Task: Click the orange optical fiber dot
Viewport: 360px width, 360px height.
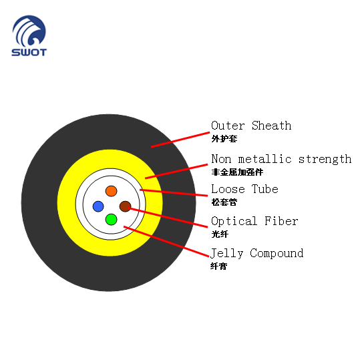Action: [112, 191]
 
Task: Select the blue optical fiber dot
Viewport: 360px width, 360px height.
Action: [98, 206]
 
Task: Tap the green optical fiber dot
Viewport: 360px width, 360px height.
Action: [112, 220]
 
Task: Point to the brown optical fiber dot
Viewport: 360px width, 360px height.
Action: [126, 206]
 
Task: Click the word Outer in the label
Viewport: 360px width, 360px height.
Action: [228, 126]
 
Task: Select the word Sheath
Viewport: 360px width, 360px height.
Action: [272, 126]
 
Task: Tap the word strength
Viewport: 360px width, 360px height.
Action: [325, 159]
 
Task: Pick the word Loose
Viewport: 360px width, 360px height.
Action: [228, 189]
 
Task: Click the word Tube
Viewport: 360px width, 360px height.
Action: [265, 189]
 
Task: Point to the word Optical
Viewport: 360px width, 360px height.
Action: [234, 221]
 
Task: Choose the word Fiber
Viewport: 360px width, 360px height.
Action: [281, 221]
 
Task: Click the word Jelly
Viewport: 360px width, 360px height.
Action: [227, 254]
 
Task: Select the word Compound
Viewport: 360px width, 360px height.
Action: [277, 254]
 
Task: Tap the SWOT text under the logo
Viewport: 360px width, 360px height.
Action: [29, 52]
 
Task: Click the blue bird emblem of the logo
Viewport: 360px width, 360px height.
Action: [29, 31]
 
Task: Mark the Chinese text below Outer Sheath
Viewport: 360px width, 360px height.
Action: [224, 139]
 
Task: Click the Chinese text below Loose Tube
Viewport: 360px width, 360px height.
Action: [224, 202]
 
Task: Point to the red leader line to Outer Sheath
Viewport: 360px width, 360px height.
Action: [180, 140]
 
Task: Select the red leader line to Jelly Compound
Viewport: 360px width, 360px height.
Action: [166, 241]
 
